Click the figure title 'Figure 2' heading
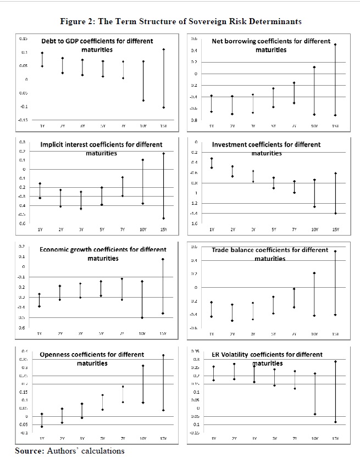tap(181, 21)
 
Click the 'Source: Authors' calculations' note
tap(69, 451)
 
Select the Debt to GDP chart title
tap(97, 45)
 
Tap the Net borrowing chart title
tap(271, 45)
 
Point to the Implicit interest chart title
tap(102, 148)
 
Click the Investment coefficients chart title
tap(266, 148)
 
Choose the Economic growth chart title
tap(103, 253)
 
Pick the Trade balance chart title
tap(270, 253)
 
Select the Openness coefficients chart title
tap(92, 359)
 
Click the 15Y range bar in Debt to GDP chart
tap(163, 79)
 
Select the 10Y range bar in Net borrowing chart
tap(314, 91)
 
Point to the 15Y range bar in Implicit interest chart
tap(163, 186)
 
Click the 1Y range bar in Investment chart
tap(212, 163)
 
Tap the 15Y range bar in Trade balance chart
tap(335, 283)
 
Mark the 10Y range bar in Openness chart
tap(142, 384)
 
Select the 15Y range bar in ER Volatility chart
tap(335, 392)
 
